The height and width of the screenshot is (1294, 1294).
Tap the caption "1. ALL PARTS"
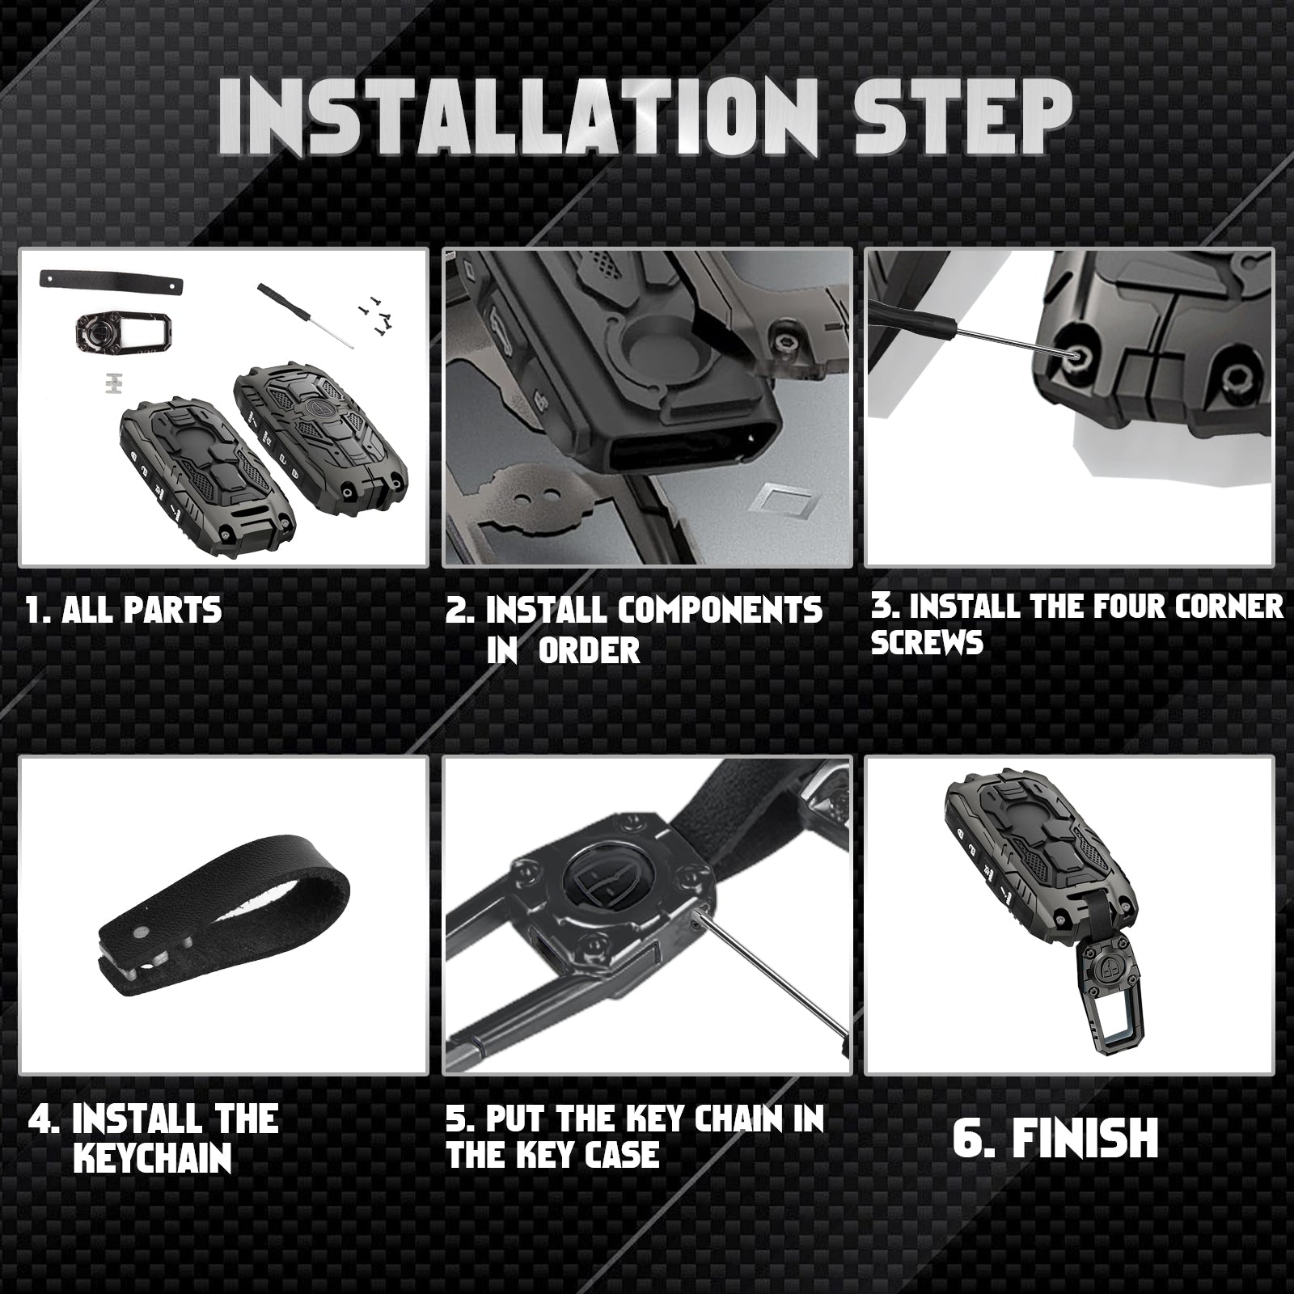pos(124,610)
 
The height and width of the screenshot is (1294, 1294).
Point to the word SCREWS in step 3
pos(927,643)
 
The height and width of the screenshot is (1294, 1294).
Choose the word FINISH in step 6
pos(1085,1138)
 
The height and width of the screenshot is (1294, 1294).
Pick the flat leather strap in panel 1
pos(109,283)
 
